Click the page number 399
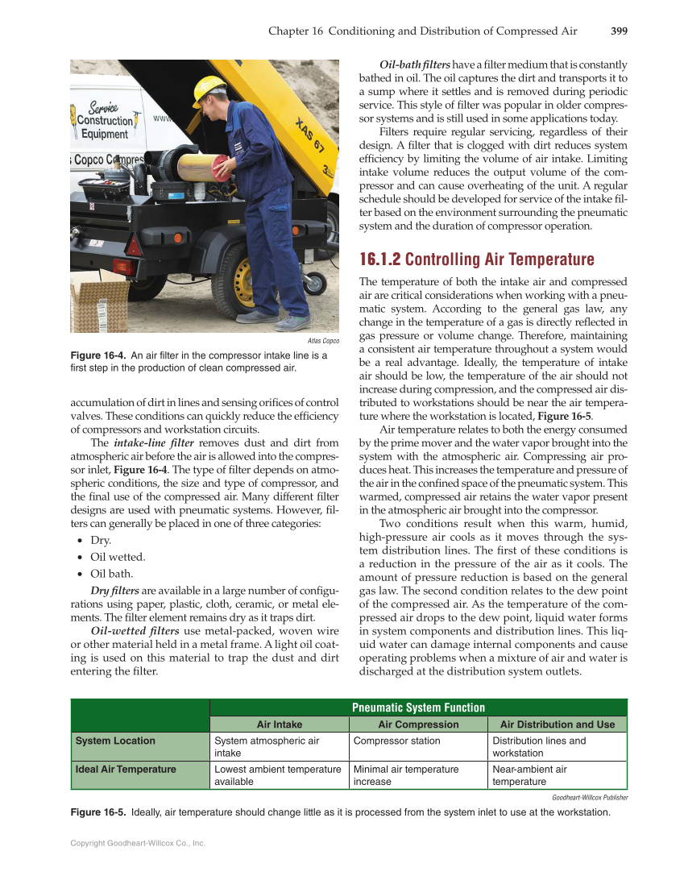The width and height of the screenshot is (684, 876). pyautogui.click(x=619, y=31)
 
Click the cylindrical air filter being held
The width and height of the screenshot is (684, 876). pyautogui.click(x=201, y=168)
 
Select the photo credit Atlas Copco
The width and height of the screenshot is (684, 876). pyautogui.click(x=323, y=341)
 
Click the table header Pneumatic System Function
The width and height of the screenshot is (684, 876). pyautogui.click(x=418, y=708)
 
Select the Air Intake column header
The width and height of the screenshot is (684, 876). pyautogui.click(x=279, y=724)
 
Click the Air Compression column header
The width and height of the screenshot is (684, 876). pyautogui.click(x=418, y=724)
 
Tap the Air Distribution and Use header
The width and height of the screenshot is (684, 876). pyautogui.click(x=558, y=724)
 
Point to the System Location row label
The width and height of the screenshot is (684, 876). pyautogui.click(x=115, y=741)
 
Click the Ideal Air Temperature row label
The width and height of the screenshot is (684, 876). pyautogui.click(x=125, y=770)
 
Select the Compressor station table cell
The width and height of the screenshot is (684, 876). pyautogui.click(x=397, y=741)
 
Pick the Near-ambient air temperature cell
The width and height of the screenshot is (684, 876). pyautogui.click(x=529, y=775)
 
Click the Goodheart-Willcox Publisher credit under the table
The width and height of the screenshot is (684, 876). pyautogui.click(x=590, y=797)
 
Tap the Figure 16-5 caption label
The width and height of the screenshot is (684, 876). pyautogui.click(x=98, y=812)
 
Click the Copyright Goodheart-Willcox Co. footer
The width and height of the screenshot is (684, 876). pyautogui.click(x=138, y=843)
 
